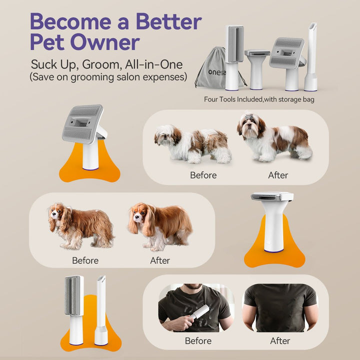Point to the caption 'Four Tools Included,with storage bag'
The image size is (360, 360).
(259, 99)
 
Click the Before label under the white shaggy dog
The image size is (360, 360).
(203, 175)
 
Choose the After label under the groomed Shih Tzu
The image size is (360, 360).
(278, 175)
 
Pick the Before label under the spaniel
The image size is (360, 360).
(85, 260)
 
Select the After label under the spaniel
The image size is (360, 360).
(160, 260)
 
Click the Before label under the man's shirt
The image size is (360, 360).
(198, 340)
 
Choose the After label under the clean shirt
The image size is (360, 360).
(280, 340)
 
